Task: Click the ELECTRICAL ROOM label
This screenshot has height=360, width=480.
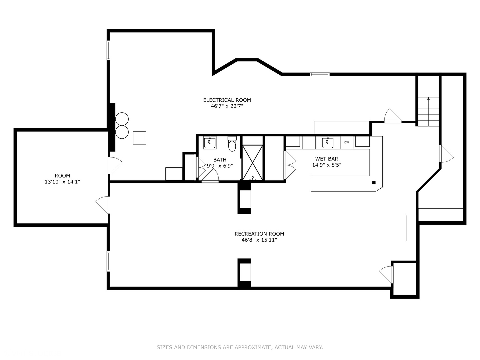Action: point(227,100)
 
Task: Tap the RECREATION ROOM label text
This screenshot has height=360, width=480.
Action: point(259,234)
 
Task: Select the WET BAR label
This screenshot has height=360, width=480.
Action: point(327,159)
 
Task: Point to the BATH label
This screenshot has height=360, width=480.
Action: point(220,160)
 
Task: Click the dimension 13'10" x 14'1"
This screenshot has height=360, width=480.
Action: point(62,182)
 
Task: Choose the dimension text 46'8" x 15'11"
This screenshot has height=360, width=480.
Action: point(259,240)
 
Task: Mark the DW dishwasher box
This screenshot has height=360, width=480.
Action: point(347,142)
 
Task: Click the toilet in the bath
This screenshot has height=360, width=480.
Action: point(232,144)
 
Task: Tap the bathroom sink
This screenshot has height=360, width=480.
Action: point(210,142)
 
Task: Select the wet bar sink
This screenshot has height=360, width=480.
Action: point(327,142)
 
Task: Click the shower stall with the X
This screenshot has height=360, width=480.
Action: point(252,162)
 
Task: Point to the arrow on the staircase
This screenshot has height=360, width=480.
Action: point(428,99)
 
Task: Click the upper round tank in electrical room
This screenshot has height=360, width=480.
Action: point(122,119)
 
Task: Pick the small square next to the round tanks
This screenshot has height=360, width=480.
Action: point(139,138)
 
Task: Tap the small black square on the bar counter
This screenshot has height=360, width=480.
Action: point(374,182)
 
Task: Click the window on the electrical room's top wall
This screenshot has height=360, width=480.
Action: point(320,74)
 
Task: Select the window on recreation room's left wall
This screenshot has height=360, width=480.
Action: point(108,261)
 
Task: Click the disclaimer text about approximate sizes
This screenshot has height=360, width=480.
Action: point(240,347)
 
